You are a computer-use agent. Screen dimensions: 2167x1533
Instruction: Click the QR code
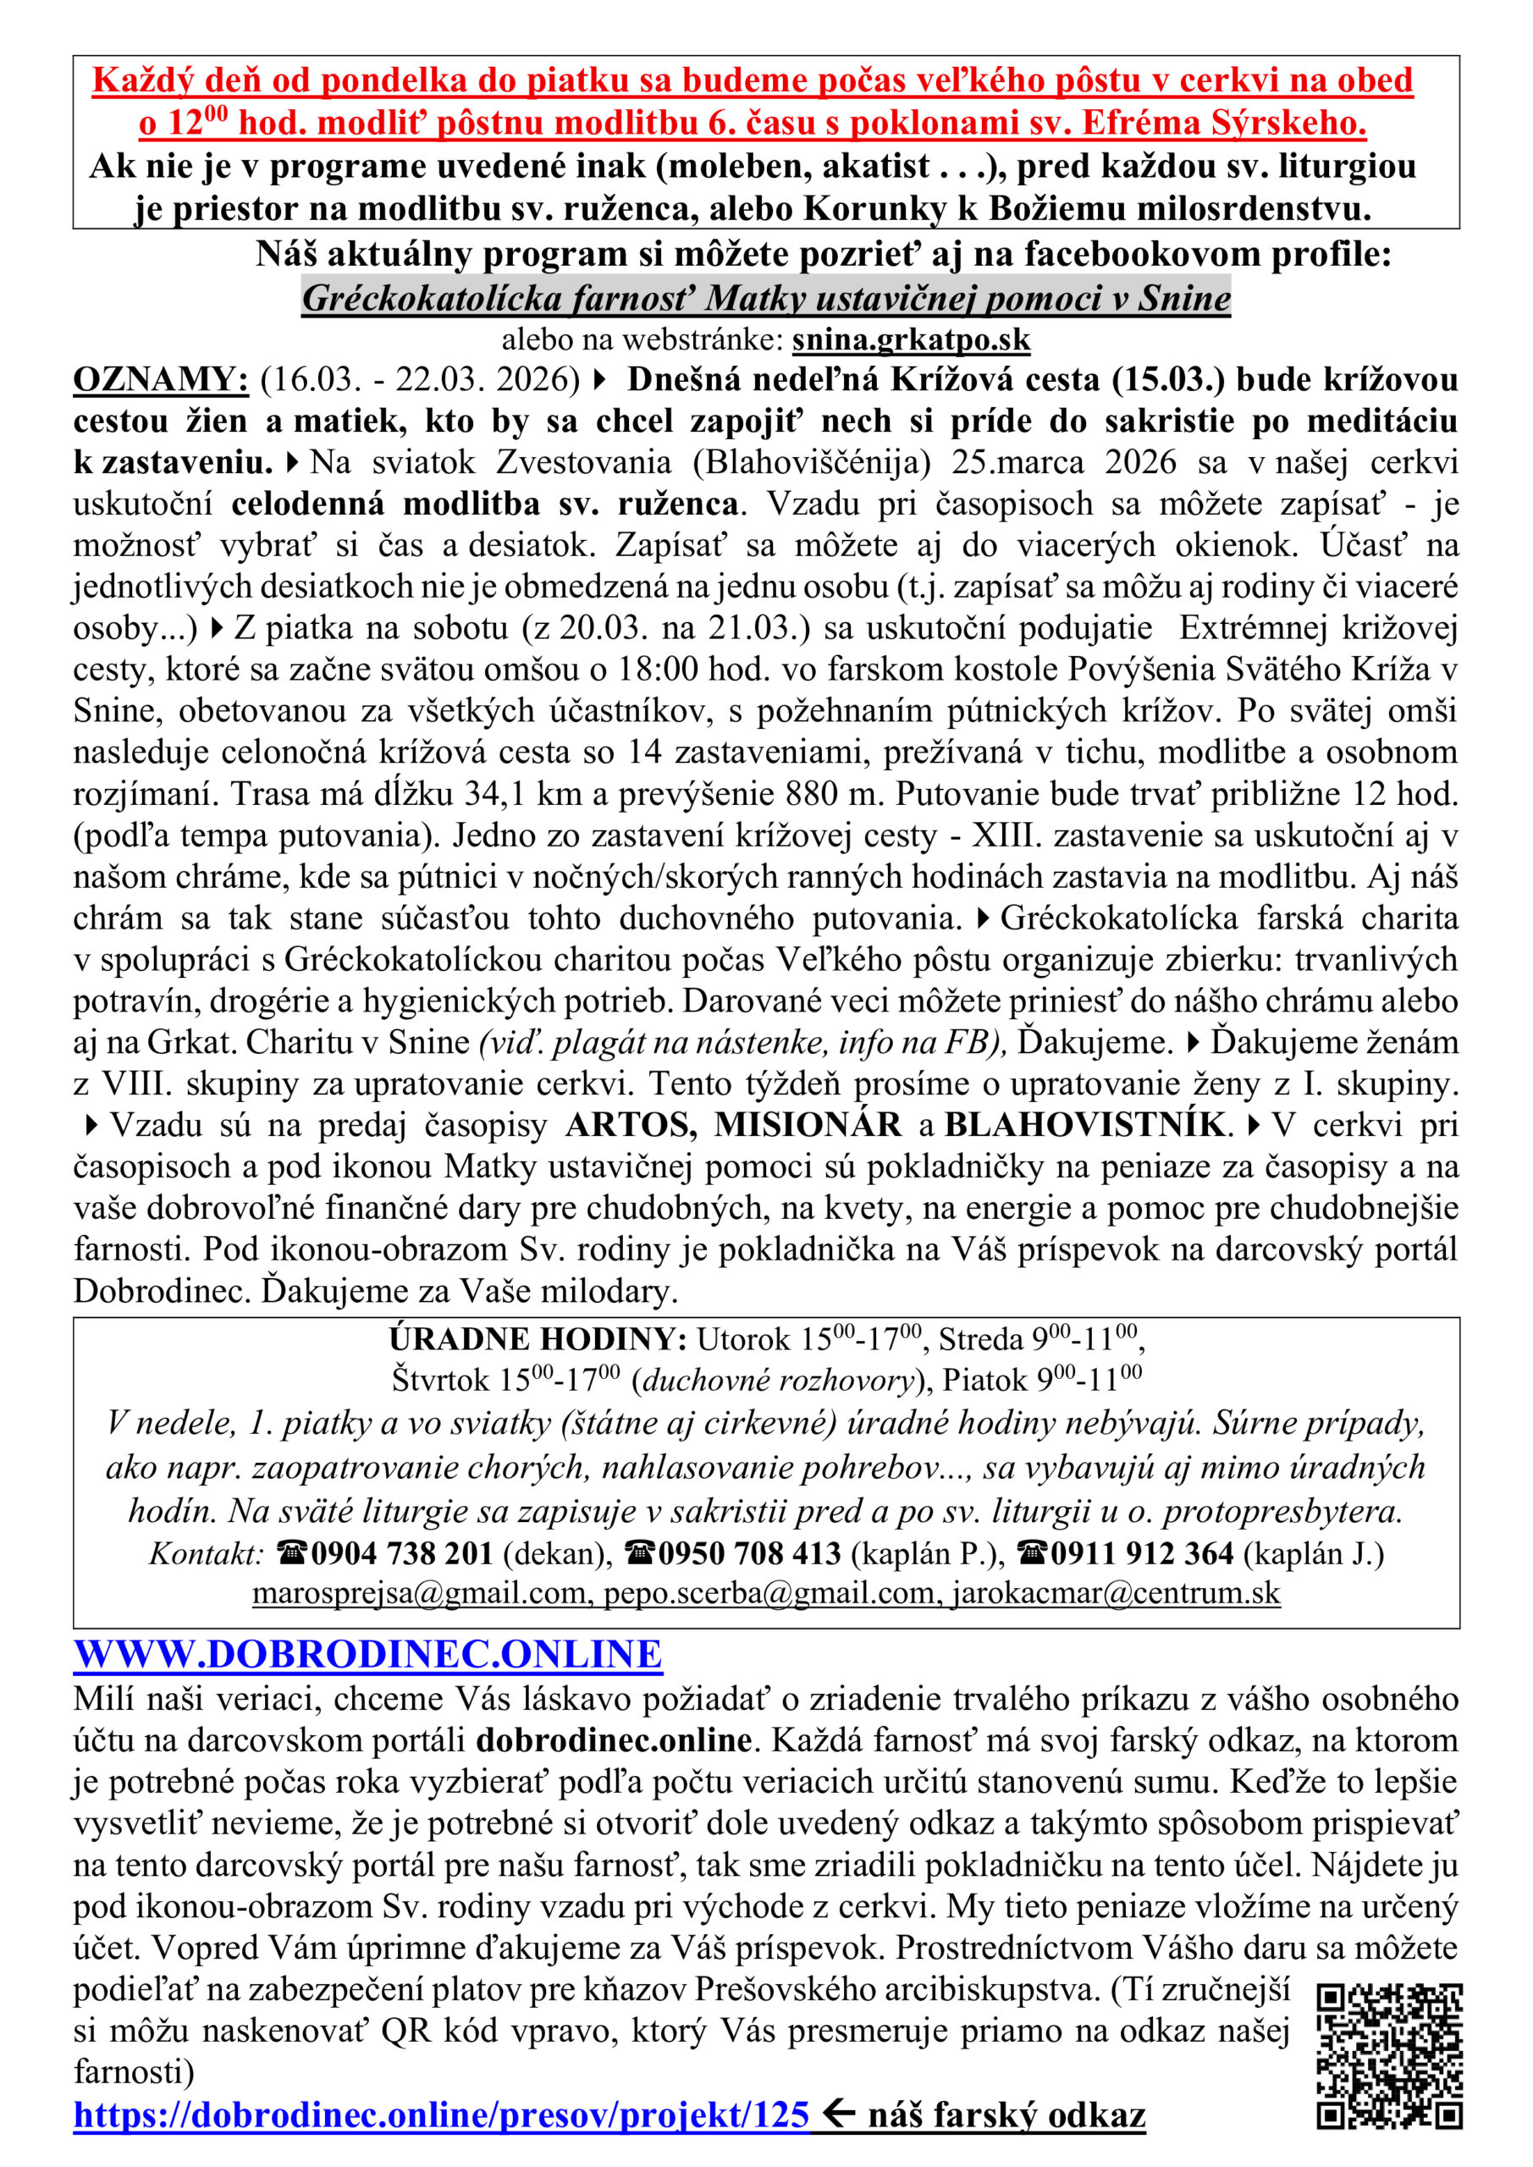click(x=1388, y=2055)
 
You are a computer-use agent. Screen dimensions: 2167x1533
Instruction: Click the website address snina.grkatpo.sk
click(x=911, y=339)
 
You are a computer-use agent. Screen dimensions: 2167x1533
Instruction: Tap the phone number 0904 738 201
click(x=401, y=1552)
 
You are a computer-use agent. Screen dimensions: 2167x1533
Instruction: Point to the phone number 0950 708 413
click(x=748, y=1552)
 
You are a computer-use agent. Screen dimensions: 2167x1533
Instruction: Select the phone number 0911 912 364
click(x=1142, y=1552)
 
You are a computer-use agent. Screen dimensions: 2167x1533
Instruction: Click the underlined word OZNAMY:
click(x=161, y=379)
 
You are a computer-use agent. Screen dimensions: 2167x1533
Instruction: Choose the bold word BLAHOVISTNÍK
click(x=1084, y=1124)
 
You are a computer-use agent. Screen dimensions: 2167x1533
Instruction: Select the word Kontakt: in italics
click(x=206, y=1552)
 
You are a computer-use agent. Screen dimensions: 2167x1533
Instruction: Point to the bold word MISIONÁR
click(x=807, y=1124)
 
